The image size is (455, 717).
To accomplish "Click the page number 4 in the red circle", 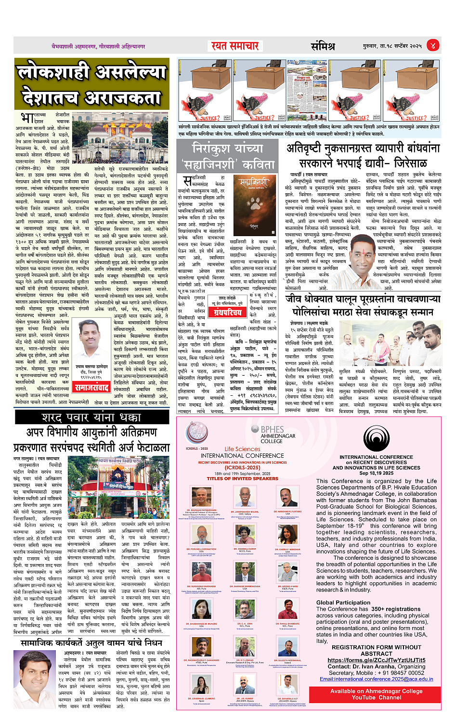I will pyautogui.click(x=432, y=46).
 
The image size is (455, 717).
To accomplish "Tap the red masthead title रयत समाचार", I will pyautogui.click(x=235, y=46).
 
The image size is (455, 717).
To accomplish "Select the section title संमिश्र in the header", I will pyautogui.click(x=323, y=46).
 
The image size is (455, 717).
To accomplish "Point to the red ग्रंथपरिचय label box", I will pyautogui.click(x=228, y=313).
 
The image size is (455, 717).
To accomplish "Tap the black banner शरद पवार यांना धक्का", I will pyautogui.click(x=91, y=417).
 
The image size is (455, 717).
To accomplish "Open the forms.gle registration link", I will pyautogui.click(x=376, y=660).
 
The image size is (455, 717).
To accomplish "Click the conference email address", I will pyautogui.click(x=376, y=679).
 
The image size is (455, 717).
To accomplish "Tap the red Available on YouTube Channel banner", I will pyautogui.click(x=376, y=694).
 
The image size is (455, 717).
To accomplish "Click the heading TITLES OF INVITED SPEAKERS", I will pyautogui.click(x=242, y=478).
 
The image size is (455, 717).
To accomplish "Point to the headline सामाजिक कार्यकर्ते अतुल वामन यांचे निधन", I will pyautogui.click(x=91, y=642).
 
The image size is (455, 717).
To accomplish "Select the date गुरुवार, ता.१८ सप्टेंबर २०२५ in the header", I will pyautogui.click(x=392, y=46).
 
